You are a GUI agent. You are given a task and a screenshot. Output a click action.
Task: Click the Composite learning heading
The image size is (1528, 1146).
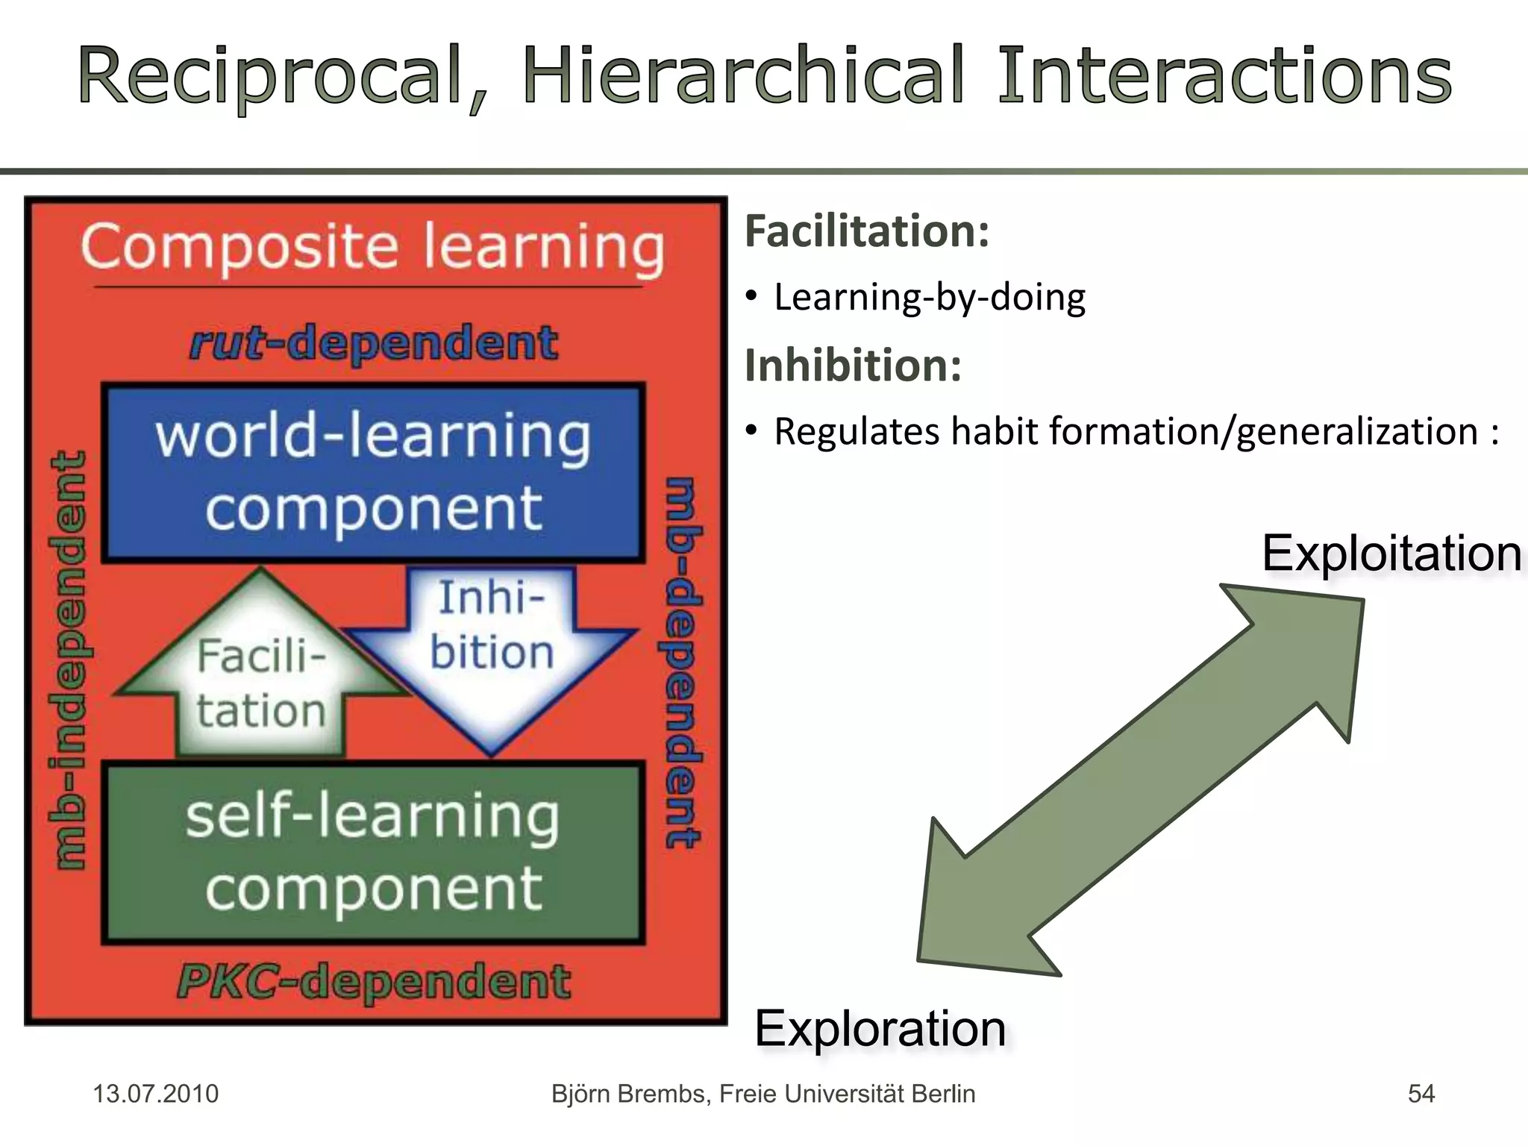click(x=373, y=247)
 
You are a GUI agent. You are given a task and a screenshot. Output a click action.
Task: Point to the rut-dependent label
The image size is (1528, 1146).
click(x=373, y=343)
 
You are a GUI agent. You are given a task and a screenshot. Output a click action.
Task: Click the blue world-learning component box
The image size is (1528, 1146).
click(x=373, y=472)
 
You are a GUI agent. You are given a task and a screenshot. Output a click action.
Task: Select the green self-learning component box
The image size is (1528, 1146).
click(x=373, y=852)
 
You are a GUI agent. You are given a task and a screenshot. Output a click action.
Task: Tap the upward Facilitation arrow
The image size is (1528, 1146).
click(x=261, y=683)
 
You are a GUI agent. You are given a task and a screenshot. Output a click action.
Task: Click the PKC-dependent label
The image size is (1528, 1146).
click(x=373, y=981)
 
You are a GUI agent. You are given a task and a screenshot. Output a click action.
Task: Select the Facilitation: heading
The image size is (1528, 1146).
click(x=867, y=231)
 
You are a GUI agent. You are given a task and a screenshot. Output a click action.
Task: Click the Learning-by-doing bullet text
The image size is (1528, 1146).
click(x=930, y=297)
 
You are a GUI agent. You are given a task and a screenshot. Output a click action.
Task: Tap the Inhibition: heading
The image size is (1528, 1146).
click(x=853, y=366)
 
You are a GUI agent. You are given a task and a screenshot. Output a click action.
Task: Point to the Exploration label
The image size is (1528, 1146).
click(x=880, y=1029)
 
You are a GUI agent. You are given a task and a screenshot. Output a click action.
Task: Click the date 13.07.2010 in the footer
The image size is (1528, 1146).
click(x=155, y=1094)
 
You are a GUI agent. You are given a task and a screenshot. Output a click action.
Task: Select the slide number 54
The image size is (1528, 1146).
click(x=1421, y=1094)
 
